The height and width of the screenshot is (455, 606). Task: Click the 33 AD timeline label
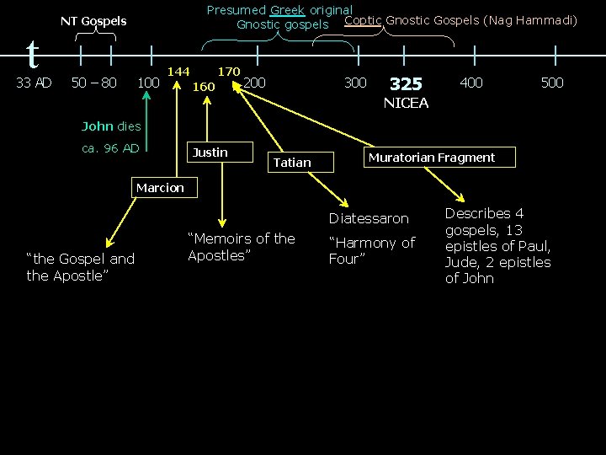tap(35, 83)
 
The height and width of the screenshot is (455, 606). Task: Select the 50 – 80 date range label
tap(94, 83)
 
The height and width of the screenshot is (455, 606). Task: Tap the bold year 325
tap(406, 84)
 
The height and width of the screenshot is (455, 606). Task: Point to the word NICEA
tap(406, 104)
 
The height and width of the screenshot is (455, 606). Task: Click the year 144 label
tap(178, 72)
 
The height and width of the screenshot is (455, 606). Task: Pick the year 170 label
tap(229, 72)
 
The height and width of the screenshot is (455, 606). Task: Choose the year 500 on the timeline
tap(552, 83)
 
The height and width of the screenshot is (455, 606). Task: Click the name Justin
tap(210, 153)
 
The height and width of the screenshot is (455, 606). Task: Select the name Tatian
tap(292, 162)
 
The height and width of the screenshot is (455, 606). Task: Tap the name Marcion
tap(159, 188)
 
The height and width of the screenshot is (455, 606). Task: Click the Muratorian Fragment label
tap(432, 158)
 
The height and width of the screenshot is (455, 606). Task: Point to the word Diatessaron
tap(369, 218)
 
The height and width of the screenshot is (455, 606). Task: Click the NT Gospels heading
tap(93, 21)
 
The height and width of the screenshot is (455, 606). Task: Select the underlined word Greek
tap(287, 11)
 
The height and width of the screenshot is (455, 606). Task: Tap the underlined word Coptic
tap(364, 20)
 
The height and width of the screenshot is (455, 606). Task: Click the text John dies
tap(111, 126)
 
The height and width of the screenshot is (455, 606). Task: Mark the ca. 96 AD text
tap(110, 148)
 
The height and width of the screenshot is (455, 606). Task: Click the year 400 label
tap(471, 83)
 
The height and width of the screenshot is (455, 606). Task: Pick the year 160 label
tap(204, 87)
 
